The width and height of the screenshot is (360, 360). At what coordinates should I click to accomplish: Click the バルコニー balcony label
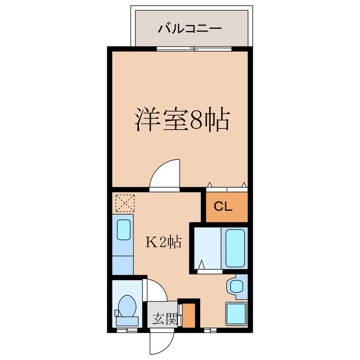tap(190, 28)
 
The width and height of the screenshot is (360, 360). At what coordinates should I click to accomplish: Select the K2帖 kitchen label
tap(164, 242)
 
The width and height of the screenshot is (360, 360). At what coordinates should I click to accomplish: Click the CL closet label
tap(223, 206)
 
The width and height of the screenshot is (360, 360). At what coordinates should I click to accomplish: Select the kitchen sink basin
tap(123, 230)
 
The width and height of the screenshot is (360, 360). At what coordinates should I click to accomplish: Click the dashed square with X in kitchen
tap(123, 202)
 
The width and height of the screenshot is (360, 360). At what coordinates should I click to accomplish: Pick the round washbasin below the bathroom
tap(234, 286)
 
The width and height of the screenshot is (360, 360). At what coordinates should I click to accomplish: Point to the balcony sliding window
tap(177, 49)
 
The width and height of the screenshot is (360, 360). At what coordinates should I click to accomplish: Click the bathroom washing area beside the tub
tap(207, 247)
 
